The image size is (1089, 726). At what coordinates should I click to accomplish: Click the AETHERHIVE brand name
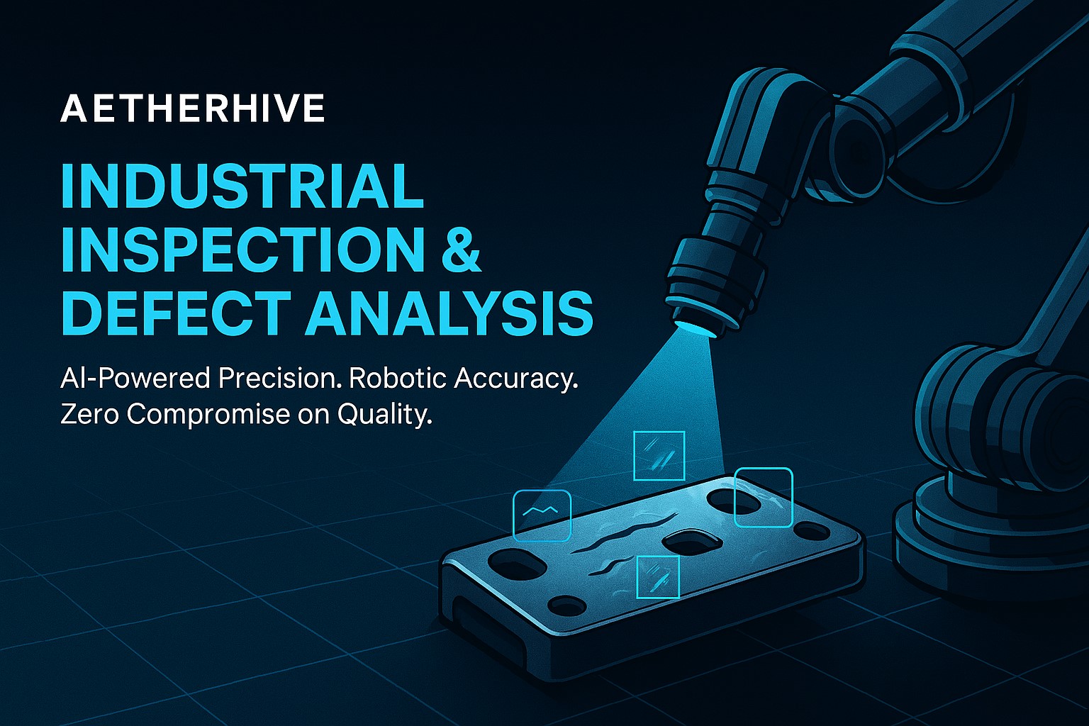point(192,109)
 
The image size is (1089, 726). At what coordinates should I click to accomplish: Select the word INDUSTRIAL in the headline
point(242,186)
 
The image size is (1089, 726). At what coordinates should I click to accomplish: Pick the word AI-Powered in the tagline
point(135,378)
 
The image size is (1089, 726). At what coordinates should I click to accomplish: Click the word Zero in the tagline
point(90,414)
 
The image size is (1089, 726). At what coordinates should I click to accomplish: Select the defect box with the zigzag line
point(542,515)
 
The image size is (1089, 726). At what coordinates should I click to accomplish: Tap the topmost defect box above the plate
point(659,455)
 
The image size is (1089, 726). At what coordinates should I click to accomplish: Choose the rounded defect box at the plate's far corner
point(763,497)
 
